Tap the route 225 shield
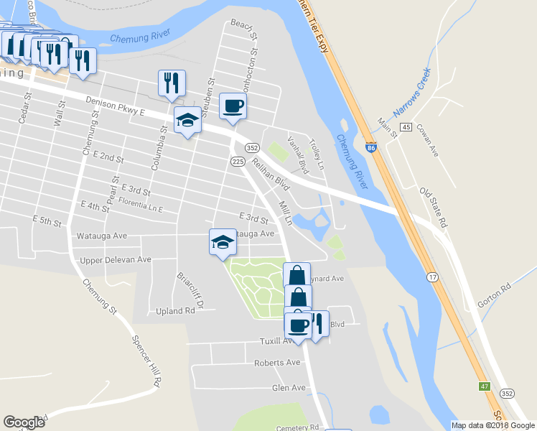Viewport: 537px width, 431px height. (237, 162)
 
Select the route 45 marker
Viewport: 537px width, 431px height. (406, 128)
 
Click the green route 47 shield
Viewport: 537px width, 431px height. (485, 386)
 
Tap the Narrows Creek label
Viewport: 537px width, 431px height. (411, 94)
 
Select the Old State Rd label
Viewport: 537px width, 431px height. (434, 209)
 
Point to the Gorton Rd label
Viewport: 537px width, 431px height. (496, 295)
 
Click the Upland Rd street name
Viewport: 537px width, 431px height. (175, 312)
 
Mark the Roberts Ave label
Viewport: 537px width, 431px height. (276, 363)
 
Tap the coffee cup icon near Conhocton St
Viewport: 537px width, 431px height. (233, 107)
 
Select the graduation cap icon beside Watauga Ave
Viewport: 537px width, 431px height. (223, 242)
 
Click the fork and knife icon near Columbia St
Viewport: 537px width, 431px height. (172, 83)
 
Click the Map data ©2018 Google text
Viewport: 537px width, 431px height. (492, 425)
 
